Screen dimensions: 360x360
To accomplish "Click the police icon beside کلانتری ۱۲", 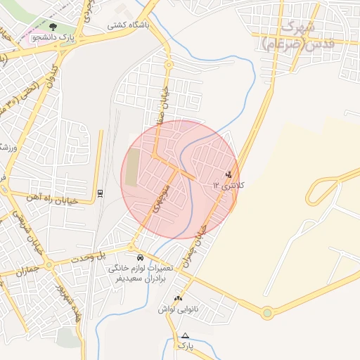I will coord(228,174).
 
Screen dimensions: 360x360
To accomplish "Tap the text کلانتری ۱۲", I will coord(229,186).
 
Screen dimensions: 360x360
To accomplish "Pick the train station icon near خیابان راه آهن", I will coord(99,192).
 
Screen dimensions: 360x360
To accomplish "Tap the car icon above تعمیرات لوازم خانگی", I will coord(141,257).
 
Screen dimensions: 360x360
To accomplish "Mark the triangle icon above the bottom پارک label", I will coord(185,335).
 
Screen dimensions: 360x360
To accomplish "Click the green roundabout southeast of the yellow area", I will coord(267,313).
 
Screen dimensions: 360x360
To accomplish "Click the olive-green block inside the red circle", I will coord(132,169).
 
